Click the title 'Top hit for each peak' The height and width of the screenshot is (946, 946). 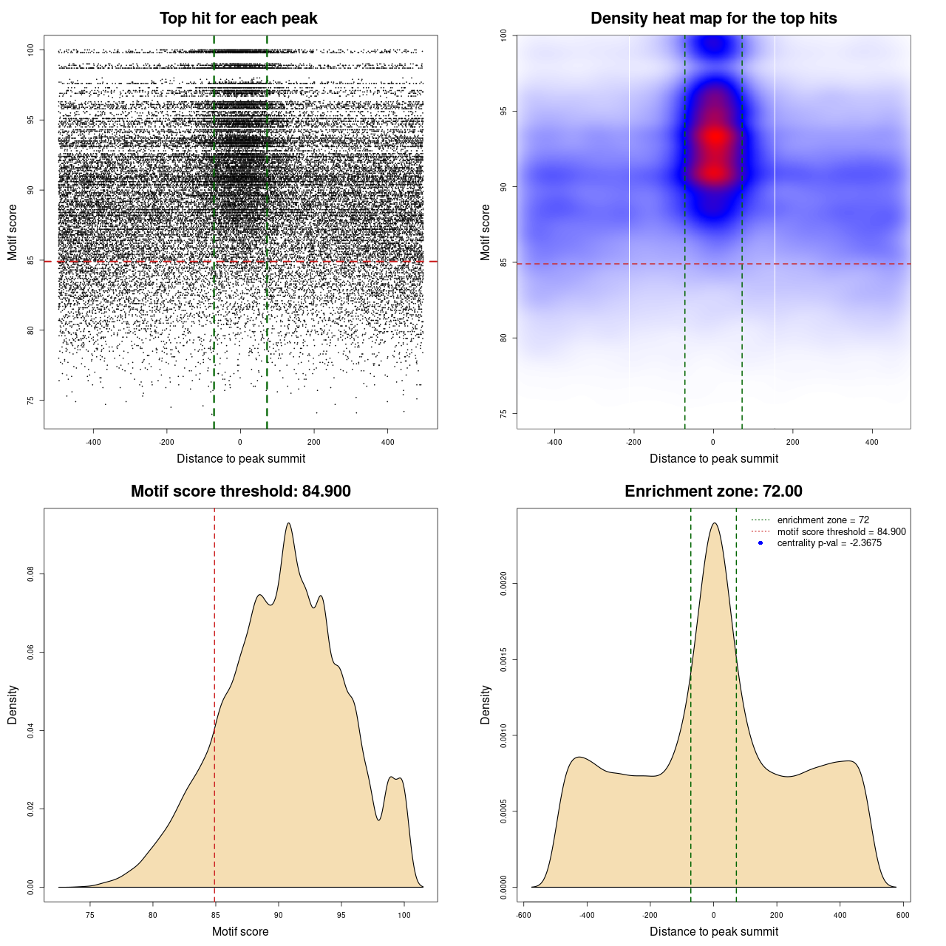(x=238, y=18)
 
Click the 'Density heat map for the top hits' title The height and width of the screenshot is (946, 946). (x=713, y=18)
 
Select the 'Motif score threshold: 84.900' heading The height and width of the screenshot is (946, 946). (x=240, y=491)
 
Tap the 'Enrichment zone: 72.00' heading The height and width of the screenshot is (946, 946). (x=713, y=491)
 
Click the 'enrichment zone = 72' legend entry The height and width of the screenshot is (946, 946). (x=823, y=520)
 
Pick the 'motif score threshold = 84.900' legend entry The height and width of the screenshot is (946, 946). (x=841, y=531)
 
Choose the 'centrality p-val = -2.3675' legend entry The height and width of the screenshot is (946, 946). (x=829, y=543)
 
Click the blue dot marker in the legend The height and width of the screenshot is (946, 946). (x=760, y=543)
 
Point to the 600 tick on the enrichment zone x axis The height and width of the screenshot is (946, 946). (x=902, y=915)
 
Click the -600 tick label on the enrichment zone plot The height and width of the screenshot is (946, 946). (x=523, y=915)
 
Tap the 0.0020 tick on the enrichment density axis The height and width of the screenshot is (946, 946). (x=504, y=584)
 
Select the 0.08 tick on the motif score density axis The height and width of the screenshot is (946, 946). (x=31, y=574)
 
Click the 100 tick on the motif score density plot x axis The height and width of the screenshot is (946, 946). (x=404, y=915)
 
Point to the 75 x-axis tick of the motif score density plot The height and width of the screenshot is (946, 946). (x=90, y=915)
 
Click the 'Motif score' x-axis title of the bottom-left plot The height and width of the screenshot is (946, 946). (x=240, y=931)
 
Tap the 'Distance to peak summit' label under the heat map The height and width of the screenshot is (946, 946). (x=713, y=458)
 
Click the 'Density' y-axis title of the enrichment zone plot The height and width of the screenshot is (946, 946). (x=486, y=704)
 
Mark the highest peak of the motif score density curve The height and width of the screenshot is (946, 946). (x=288, y=523)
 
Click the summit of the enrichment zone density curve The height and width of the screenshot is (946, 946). (x=714, y=523)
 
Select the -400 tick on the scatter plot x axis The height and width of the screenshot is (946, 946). (x=93, y=442)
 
